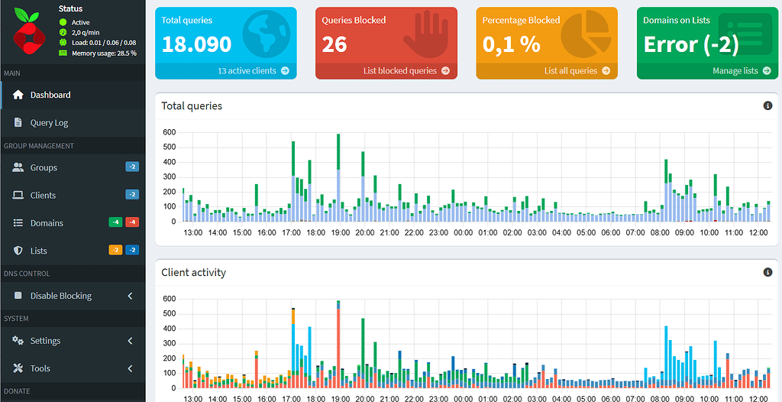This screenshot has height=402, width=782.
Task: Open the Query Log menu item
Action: point(49,122)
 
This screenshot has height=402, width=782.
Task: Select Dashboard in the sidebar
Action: point(50,95)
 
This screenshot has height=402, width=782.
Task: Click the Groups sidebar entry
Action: point(44,167)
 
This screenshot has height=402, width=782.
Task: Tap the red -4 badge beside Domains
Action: point(131,222)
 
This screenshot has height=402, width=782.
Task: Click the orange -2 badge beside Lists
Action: point(115,250)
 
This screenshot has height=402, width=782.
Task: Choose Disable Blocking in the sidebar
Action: point(60,296)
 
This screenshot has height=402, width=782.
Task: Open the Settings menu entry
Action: point(45,341)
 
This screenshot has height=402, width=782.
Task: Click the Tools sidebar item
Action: point(40,368)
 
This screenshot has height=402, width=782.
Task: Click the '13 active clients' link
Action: point(253,70)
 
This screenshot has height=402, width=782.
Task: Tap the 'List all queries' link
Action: point(577,70)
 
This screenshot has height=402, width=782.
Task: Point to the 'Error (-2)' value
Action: point(691,44)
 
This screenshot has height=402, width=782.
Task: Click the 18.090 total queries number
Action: point(196,44)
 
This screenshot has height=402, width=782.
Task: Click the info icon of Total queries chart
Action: point(767,105)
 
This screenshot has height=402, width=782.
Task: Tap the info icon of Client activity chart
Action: point(767,272)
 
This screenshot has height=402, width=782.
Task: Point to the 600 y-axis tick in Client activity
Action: point(170,299)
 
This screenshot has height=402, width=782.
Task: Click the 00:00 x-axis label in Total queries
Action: point(464,232)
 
